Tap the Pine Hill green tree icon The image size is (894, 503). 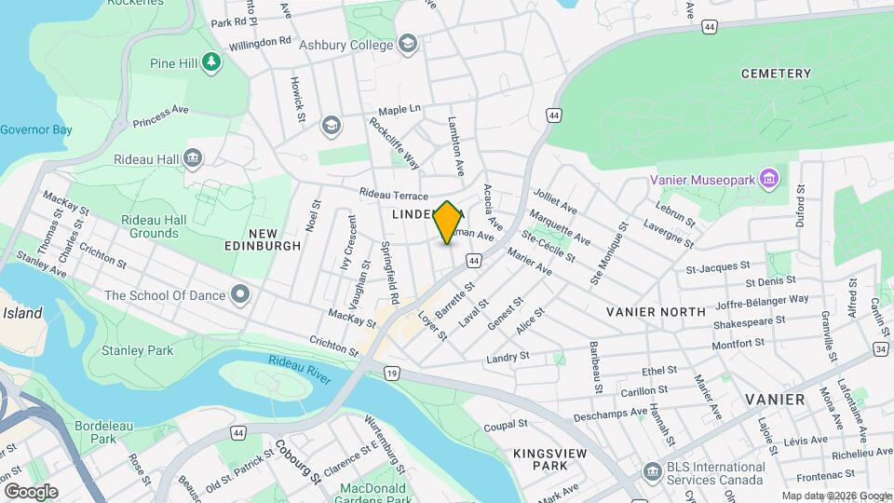[212, 62]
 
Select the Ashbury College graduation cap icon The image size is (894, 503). [408, 44]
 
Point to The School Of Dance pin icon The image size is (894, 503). [241, 295]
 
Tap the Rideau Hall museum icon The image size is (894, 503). [193, 157]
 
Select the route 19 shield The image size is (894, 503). [392, 374]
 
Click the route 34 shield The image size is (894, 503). [881, 349]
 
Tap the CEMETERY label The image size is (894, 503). [776, 74]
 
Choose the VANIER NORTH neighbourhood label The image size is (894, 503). [657, 312]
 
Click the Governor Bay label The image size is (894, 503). [35, 129]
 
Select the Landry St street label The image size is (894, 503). [508, 357]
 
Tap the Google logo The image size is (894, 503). [31, 491]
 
